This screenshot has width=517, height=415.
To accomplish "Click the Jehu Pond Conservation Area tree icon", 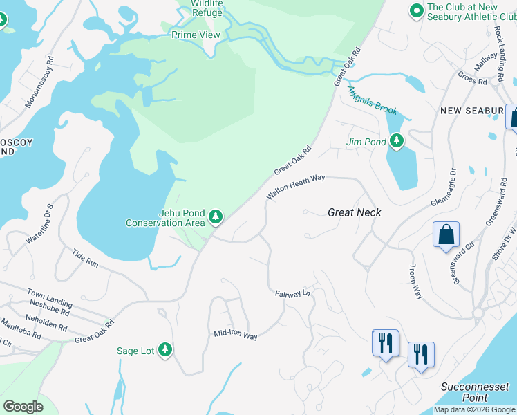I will [x=216, y=217].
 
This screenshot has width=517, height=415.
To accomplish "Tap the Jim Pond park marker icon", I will [x=396, y=141].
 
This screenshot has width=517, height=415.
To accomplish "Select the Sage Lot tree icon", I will [x=164, y=350].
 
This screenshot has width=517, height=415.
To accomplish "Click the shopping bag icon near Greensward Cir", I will [x=446, y=234].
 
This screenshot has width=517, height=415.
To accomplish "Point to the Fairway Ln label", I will [x=294, y=294].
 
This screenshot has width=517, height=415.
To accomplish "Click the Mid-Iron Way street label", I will [x=235, y=335].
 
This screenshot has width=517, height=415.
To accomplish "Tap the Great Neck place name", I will [x=354, y=213].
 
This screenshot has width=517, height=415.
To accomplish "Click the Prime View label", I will [x=196, y=35].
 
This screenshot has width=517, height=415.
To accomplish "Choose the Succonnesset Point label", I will [x=475, y=392].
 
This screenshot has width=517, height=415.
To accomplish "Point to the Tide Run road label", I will [x=86, y=259].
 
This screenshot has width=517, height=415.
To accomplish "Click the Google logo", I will [x=23, y=407].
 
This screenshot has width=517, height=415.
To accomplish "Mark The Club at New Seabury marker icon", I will [x=416, y=11].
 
